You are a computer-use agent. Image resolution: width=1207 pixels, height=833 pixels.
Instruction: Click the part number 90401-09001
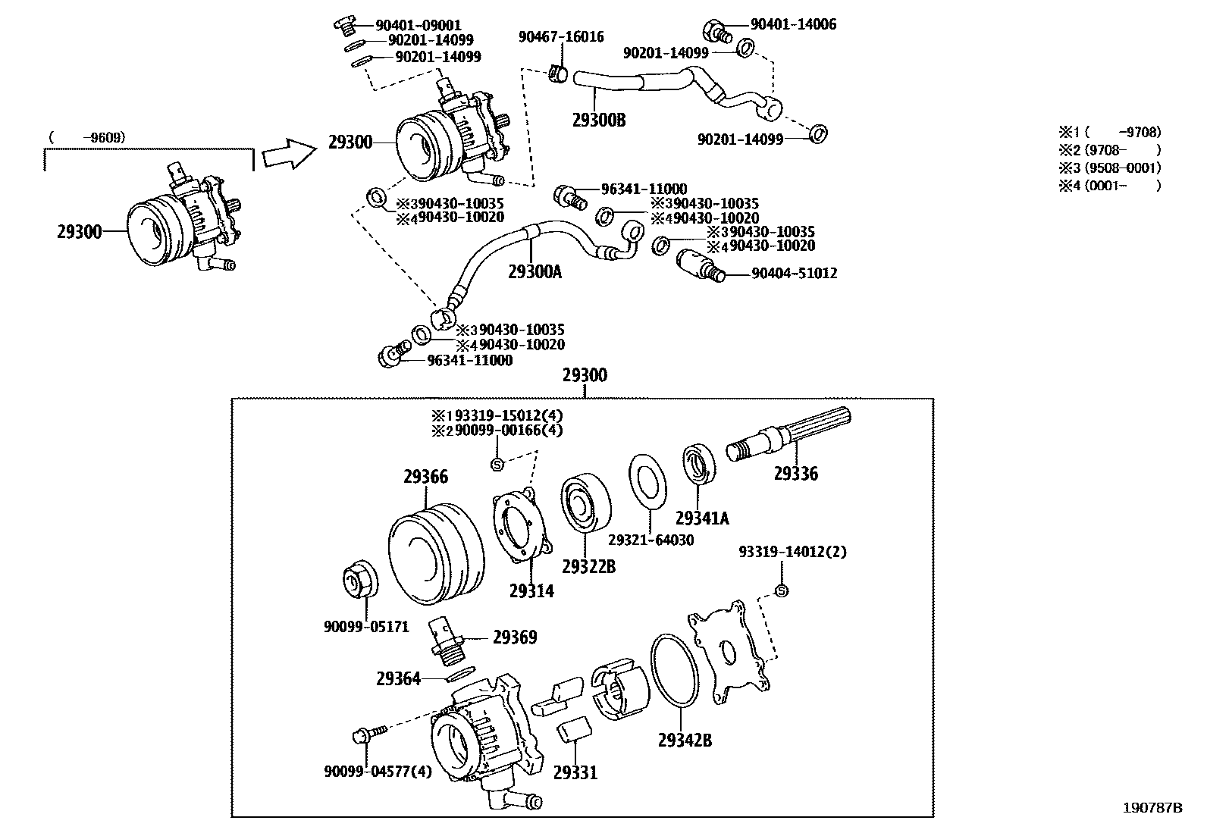click(x=419, y=25)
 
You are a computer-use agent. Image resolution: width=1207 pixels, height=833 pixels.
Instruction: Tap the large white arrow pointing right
click(x=289, y=155)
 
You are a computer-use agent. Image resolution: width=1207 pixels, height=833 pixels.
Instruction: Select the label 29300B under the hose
click(x=598, y=120)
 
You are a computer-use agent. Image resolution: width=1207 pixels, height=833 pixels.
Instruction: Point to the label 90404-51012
click(x=794, y=273)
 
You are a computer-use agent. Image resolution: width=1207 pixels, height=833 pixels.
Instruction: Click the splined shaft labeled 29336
click(x=788, y=440)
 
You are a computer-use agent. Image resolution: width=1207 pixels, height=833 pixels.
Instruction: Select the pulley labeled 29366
click(x=436, y=557)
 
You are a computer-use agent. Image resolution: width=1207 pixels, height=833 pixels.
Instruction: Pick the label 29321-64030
click(x=651, y=540)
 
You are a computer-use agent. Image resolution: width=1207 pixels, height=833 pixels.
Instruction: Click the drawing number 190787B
click(x=1152, y=807)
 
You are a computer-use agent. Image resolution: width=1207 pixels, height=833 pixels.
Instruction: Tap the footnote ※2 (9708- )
click(x=1110, y=149)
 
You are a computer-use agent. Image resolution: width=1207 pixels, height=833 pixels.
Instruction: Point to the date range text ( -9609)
click(x=86, y=137)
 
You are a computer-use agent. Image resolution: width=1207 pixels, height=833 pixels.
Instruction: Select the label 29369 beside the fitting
click(x=515, y=637)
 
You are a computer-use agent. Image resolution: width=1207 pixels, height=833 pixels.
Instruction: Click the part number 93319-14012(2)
click(x=792, y=552)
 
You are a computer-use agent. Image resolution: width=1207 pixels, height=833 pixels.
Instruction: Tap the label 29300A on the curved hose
click(x=535, y=271)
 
